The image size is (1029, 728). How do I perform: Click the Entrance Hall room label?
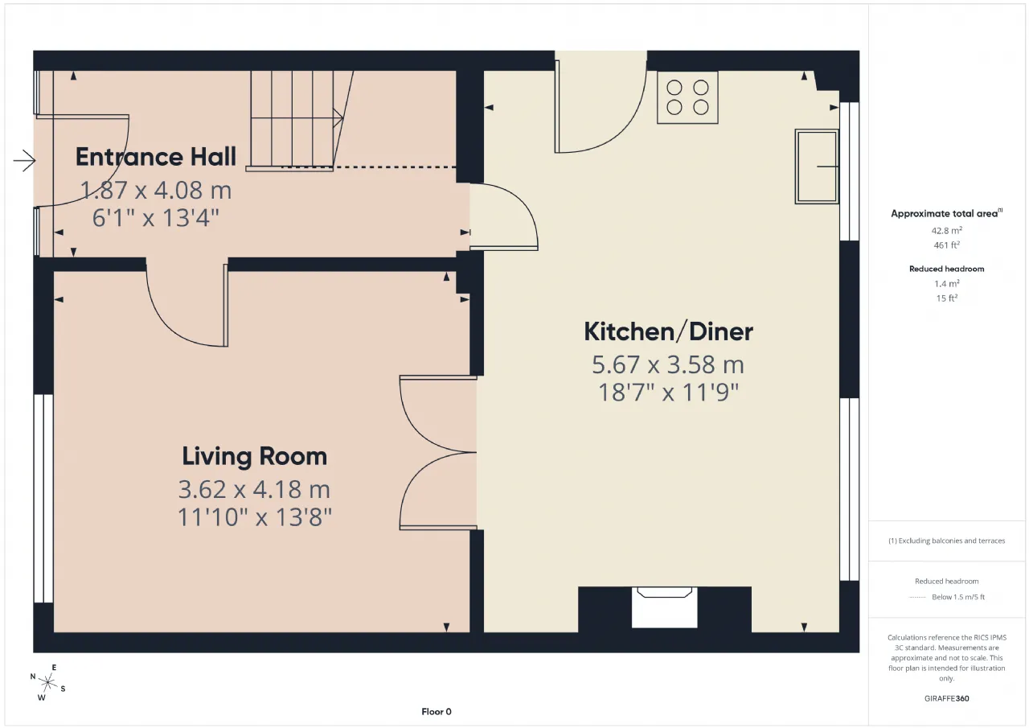pyautogui.click(x=156, y=157)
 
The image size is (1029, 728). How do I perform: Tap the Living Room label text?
pyautogui.click(x=255, y=456)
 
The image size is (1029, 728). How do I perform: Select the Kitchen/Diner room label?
pyautogui.click(x=668, y=332)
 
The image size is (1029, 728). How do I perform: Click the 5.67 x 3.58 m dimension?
pyautogui.click(x=668, y=365)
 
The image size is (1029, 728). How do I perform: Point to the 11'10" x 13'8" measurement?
pyautogui.click(x=255, y=517)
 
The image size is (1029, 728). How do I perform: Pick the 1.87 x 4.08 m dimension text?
pyautogui.click(x=156, y=191)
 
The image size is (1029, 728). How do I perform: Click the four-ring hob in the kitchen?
pyautogui.click(x=687, y=97)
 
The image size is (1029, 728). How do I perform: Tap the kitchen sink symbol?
pyautogui.click(x=817, y=167)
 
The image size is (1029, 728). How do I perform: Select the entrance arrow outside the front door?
pyautogui.click(x=24, y=161)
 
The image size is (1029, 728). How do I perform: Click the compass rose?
pyautogui.click(x=47, y=682)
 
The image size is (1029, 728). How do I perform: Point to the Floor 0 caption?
pyautogui.click(x=437, y=711)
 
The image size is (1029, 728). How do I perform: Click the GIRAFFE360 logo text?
pyautogui.click(x=946, y=698)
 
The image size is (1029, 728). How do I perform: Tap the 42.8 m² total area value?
pyautogui.click(x=946, y=230)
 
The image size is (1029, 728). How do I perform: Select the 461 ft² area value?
pyautogui.click(x=946, y=245)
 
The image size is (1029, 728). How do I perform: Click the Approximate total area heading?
pyautogui.click(x=946, y=213)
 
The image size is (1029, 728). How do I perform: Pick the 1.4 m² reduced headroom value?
pyautogui.click(x=946, y=284)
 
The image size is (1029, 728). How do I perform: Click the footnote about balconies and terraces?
pyautogui.click(x=946, y=541)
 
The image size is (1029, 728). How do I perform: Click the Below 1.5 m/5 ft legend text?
pyautogui.click(x=958, y=597)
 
